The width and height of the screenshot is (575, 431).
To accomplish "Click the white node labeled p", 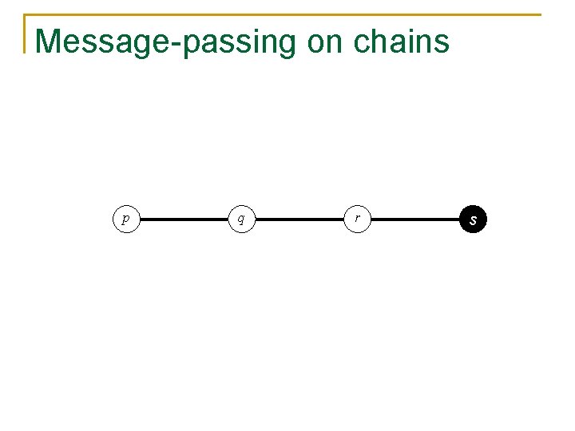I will coord(125,218).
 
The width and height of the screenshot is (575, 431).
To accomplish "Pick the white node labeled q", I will coord(241,218).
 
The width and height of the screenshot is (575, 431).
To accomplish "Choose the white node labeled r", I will coord(357,218).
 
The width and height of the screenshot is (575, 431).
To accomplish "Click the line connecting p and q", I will coord(183,219).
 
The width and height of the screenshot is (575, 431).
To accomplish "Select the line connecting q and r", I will coord(299,219).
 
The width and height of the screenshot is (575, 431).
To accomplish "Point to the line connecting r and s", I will coord(415,219).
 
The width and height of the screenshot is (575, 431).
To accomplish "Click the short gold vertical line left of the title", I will coord(25,34).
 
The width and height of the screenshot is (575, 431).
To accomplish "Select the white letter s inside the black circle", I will coord(474,219).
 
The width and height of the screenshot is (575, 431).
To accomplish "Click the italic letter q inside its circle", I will coord(241,218).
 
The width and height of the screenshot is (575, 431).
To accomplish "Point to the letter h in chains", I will coord(375,41).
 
